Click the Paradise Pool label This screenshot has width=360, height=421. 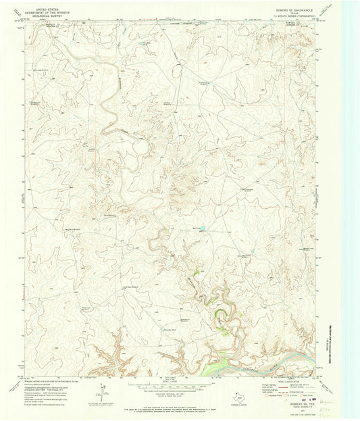(170, 329)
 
